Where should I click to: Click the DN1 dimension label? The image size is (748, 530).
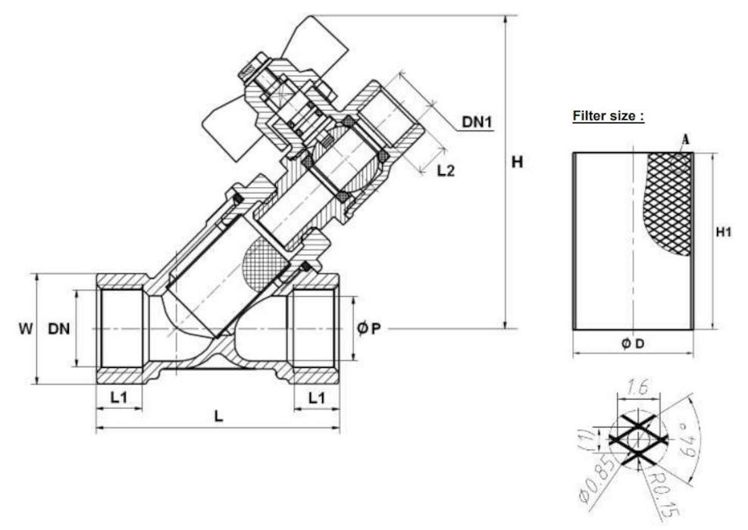coord(477,122)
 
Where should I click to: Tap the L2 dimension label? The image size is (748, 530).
coord(446,170)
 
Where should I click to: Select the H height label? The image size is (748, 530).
coord(517,163)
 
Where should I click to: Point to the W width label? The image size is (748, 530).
coord(26,329)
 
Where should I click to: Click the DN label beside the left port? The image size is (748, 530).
coord(58,329)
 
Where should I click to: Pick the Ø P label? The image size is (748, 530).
coord(369,329)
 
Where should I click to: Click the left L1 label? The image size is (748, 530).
coord(119,397)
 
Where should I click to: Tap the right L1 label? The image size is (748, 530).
coord(317,397)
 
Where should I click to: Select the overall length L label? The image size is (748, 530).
coord(218,416)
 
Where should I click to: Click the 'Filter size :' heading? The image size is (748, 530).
coord(609,116)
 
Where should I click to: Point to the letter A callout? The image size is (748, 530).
coord(686,139)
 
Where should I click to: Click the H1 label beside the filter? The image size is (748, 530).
coord(724,232)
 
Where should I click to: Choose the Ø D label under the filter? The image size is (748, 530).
coord(633,343)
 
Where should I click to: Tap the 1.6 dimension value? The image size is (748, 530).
coord(637,387)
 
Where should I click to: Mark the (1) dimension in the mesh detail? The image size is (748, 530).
coord(585,438)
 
